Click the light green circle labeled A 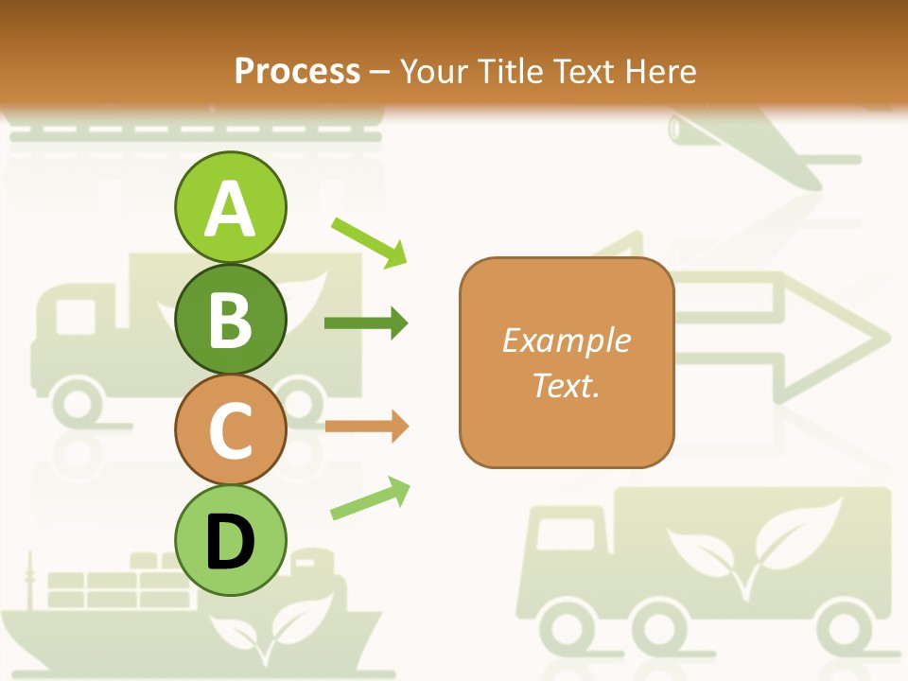point(230,207)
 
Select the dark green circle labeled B point(230,319)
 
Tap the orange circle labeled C point(230,429)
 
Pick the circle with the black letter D point(230,540)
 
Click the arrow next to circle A point(369,241)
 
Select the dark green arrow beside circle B point(366,323)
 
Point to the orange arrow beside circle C point(366,427)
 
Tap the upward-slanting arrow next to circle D point(370,499)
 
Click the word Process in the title point(297,71)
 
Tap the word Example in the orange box point(566,340)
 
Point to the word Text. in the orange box point(566,385)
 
